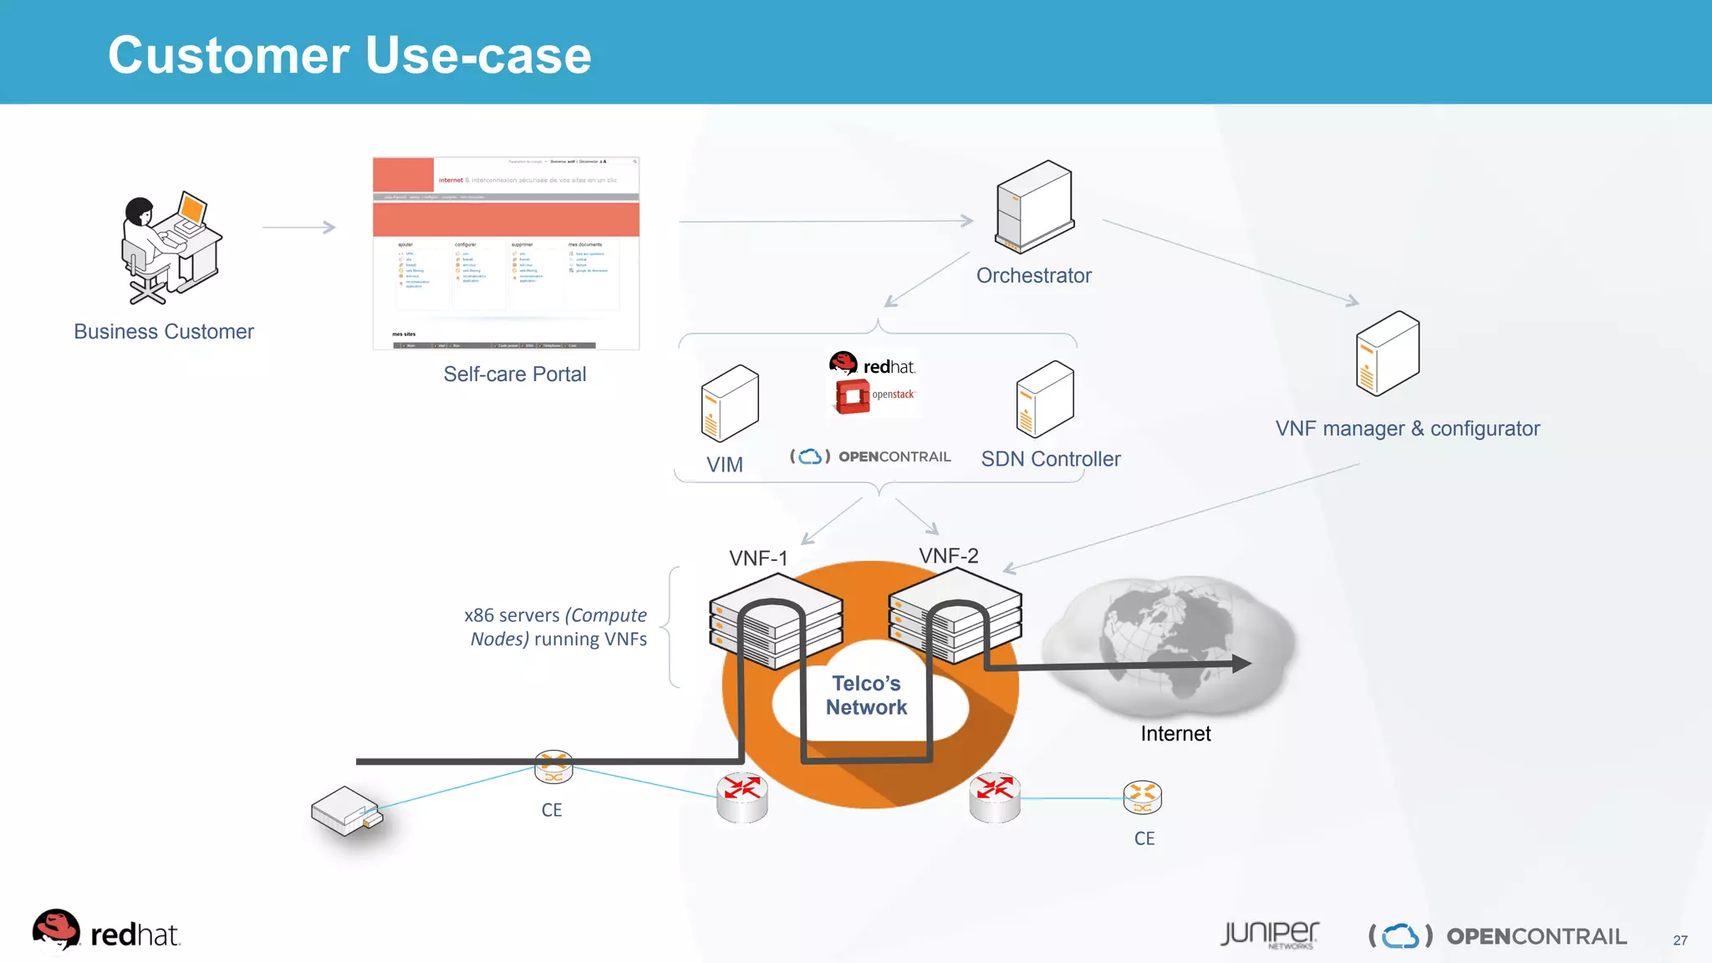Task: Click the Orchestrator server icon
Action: (x=1034, y=206)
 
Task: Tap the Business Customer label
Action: (x=164, y=332)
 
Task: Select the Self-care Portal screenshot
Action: (x=506, y=252)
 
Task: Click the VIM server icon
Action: (x=729, y=404)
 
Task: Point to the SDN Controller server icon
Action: (x=1044, y=400)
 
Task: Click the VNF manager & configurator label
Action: (x=1407, y=429)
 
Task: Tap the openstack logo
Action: (x=874, y=395)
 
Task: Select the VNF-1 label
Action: (x=758, y=558)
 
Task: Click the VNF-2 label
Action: (x=948, y=556)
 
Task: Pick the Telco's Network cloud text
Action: (x=866, y=695)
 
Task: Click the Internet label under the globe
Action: (x=1175, y=734)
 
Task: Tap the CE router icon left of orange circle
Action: (x=553, y=767)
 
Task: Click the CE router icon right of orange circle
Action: (x=1142, y=797)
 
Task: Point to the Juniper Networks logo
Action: (x=1269, y=935)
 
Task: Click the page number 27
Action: (x=1679, y=940)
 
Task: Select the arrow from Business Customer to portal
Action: (x=298, y=227)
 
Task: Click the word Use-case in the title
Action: (x=478, y=56)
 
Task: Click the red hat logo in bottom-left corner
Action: (x=104, y=932)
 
